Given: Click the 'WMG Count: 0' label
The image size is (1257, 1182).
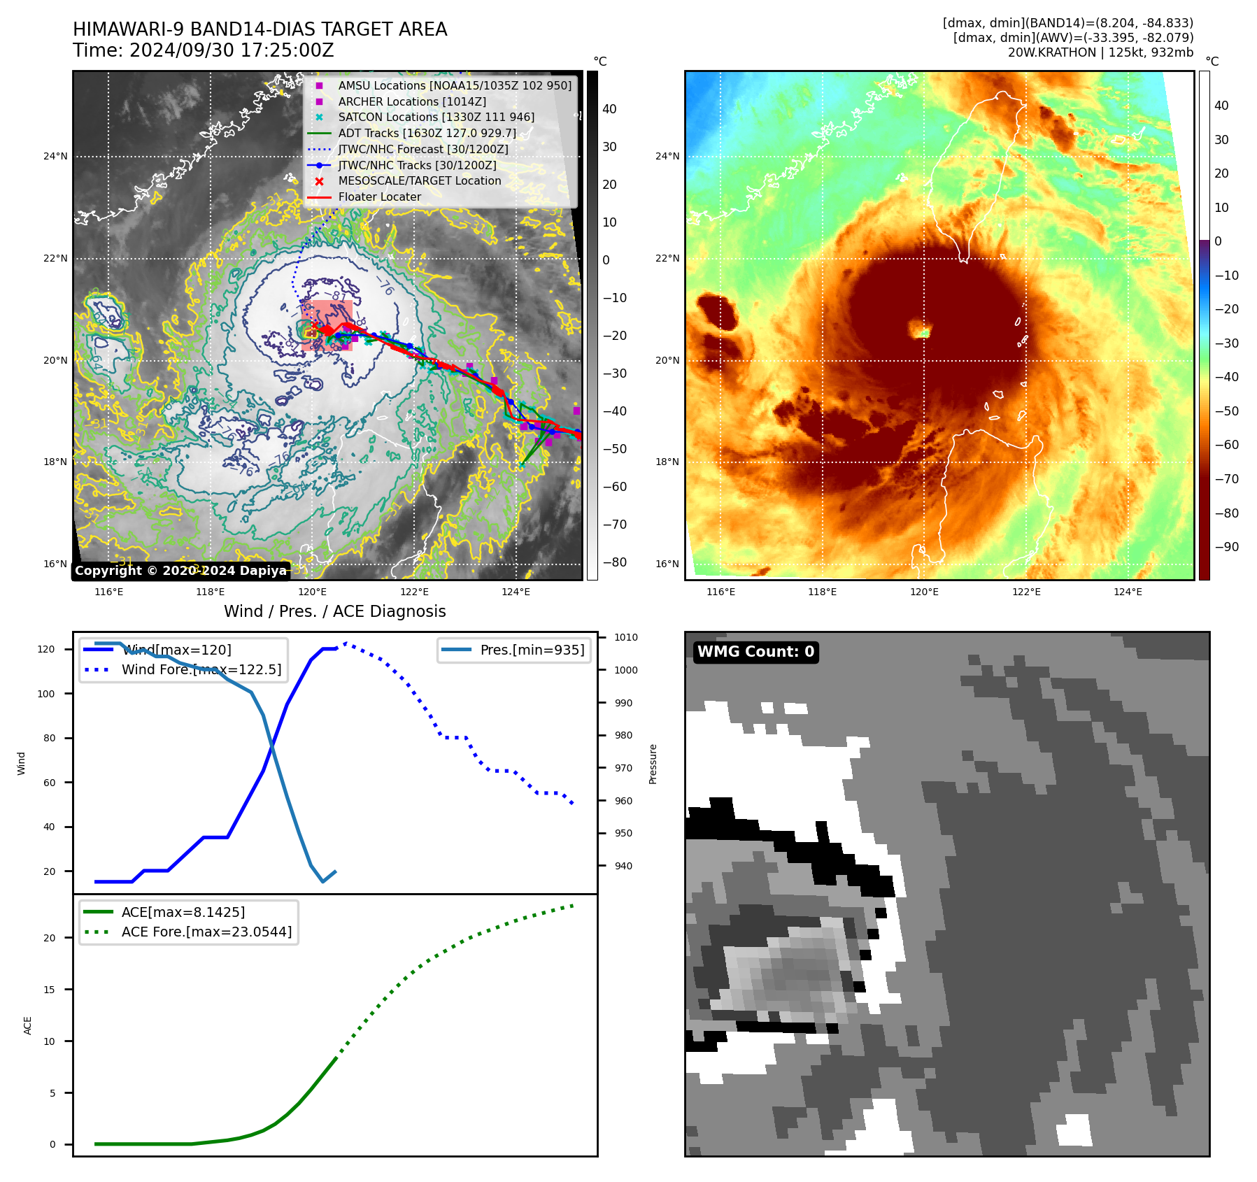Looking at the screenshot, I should pos(755,652).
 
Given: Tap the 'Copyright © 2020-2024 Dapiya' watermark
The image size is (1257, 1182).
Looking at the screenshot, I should pos(180,571).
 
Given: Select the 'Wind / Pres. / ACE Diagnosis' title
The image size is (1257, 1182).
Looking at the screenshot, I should pos(334,611).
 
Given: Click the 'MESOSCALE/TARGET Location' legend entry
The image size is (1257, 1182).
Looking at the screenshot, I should pos(420,181).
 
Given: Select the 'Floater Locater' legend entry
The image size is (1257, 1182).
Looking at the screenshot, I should pos(380,197).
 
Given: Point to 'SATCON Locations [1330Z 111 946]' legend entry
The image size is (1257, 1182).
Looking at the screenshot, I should pos(436,118).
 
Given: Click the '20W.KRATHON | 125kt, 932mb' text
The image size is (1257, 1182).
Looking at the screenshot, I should pos(1100,52).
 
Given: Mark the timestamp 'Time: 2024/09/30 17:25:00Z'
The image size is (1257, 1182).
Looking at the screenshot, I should pos(204,51).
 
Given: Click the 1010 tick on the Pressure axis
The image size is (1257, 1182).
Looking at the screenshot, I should pos(626,637).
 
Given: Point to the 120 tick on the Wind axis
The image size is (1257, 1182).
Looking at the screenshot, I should pos(46,649).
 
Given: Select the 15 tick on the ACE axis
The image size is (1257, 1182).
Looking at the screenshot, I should pos(49,990).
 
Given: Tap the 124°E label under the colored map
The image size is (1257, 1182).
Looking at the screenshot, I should pos(1128,592).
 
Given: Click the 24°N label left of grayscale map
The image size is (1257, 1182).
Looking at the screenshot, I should pos(55,156).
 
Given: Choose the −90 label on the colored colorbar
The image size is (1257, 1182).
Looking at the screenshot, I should pos(1226,547).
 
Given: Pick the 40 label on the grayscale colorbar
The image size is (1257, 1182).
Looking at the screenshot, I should pos(609,109).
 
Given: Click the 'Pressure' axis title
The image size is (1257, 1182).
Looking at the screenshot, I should pos(653,764).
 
